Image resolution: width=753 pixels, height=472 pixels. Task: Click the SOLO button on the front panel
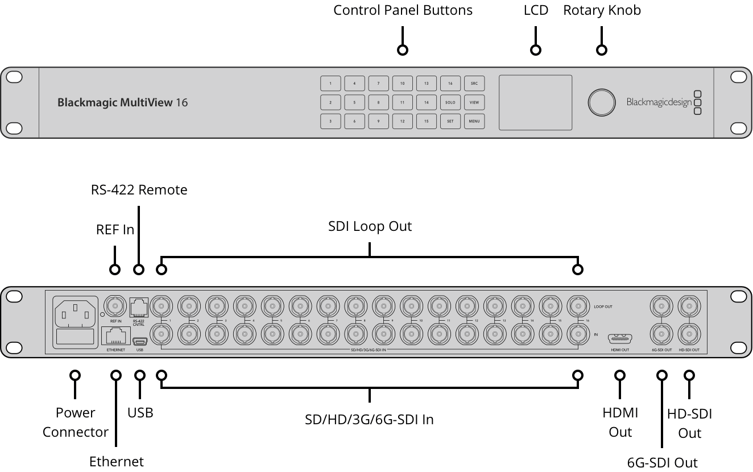click(x=450, y=102)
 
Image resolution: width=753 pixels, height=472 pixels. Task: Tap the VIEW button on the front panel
click(x=474, y=102)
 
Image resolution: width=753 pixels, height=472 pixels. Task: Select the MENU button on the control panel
click(x=474, y=121)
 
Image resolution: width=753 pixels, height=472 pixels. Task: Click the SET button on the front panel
click(x=450, y=121)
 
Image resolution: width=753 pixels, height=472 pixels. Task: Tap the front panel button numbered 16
click(x=450, y=84)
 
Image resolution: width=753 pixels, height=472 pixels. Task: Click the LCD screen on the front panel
click(x=535, y=102)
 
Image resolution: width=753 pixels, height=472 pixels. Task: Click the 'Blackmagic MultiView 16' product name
click(x=122, y=103)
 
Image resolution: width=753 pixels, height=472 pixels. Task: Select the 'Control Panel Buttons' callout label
click(x=403, y=10)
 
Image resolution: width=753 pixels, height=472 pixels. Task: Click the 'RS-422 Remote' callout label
click(x=139, y=190)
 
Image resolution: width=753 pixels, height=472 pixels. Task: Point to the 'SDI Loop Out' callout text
click(x=370, y=226)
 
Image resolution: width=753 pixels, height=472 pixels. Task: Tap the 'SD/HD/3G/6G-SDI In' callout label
click(x=369, y=420)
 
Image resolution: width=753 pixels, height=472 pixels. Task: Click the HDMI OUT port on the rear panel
click(x=620, y=338)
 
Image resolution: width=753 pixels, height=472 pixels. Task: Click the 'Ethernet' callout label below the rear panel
click(x=117, y=461)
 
